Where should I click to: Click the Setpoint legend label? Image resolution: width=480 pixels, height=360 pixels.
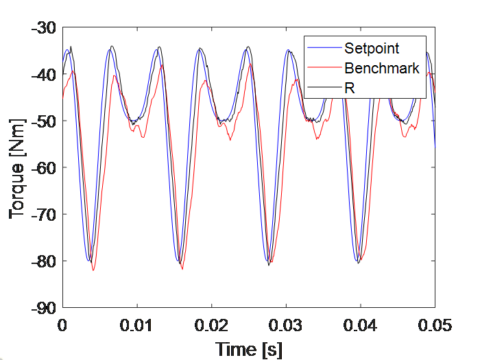pyautogui.click(x=372, y=48)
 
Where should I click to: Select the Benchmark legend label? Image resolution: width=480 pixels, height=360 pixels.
pyautogui.click(x=382, y=68)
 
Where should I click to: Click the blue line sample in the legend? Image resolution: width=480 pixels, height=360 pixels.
pyautogui.click(x=324, y=48)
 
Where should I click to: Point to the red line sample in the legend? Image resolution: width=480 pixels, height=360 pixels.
pyautogui.click(x=324, y=68)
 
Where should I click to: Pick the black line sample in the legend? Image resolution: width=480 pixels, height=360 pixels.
pyautogui.click(x=324, y=87)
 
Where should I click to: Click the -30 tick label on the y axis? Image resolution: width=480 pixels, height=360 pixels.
pyautogui.click(x=45, y=28)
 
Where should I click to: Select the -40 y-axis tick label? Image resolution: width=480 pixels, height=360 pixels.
pyautogui.click(x=45, y=75)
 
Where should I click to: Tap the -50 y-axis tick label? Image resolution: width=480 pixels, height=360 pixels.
pyautogui.click(x=45, y=121)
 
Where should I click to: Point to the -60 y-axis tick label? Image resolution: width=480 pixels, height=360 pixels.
pyautogui.click(x=45, y=168)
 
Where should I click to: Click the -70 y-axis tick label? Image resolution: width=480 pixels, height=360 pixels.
pyautogui.click(x=45, y=215)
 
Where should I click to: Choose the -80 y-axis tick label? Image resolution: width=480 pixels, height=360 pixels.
pyautogui.click(x=45, y=261)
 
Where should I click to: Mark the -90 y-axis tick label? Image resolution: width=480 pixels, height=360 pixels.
pyautogui.click(x=45, y=308)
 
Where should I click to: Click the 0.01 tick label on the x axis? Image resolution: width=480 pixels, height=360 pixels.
pyautogui.click(x=137, y=323)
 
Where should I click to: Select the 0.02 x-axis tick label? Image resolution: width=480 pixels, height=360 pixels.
pyautogui.click(x=212, y=323)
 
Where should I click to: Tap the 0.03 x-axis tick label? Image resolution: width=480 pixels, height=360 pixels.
pyautogui.click(x=286, y=323)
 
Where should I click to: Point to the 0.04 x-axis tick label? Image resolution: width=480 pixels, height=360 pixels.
pyautogui.click(x=361, y=323)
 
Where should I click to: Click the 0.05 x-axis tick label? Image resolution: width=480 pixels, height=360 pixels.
pyautogui.click(x=434, y=323)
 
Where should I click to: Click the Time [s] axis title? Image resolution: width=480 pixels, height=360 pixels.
pyautogui.click(x=249, y=348)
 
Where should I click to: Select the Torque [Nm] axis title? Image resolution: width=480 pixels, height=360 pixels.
pyautogui.click(x=19, y=168)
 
